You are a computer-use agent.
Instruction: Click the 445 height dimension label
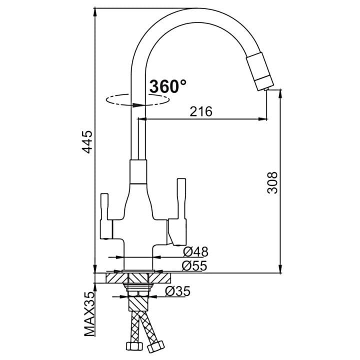[x=87, y=142]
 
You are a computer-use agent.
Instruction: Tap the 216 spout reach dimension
[x=201, y=111]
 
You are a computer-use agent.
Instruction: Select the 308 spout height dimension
[x=273, y=182]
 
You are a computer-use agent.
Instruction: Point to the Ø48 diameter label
[x=195, y=252]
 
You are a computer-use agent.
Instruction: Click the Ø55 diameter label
[x=194, y=266]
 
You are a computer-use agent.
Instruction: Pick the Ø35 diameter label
[x=177, y=291]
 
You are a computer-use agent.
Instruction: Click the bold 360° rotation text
[x=168, y=86]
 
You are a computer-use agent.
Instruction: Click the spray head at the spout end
[x=260, y=71]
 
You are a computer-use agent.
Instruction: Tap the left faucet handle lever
[x=105, y=216]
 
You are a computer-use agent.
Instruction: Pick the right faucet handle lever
[x=178, y=212]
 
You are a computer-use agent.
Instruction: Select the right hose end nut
[x=156, y=346]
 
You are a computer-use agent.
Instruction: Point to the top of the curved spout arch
[x=195, y=8]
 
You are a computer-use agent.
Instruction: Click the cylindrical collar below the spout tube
[x=138, y=171]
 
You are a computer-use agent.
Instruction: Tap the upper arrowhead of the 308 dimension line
[x=280, y=94]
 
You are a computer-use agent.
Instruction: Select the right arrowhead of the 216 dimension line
[x=262, y=119]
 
